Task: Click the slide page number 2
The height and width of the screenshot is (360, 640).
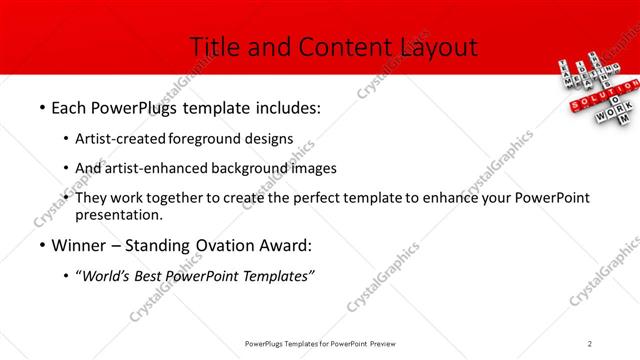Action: point(590,343)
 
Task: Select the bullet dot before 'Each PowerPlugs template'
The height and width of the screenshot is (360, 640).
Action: point(41,108)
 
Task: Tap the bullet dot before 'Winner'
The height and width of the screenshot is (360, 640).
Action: point(41,246)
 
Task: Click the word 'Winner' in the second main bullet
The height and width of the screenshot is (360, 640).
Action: point(82,246)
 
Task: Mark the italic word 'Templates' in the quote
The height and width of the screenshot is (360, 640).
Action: point(275,275)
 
